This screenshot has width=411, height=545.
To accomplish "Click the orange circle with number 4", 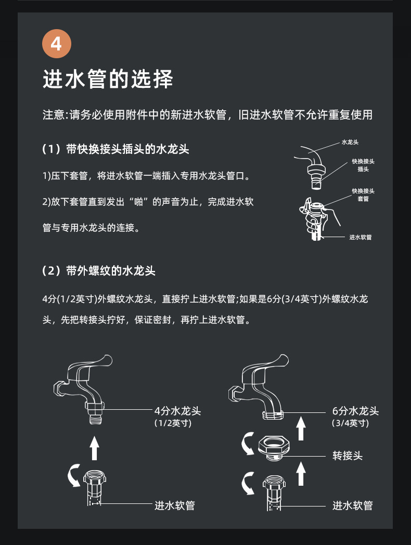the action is [x=57, y=44].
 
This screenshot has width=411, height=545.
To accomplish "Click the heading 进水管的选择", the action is [x=108, y=79].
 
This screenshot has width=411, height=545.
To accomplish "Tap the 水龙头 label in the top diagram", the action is [x=350, y=142].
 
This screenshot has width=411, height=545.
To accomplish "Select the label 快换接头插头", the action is [x=363, y=165].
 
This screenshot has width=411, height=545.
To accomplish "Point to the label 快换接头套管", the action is [x=363, y=194].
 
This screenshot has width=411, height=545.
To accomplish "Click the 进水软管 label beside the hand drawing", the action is [x=360, y=237].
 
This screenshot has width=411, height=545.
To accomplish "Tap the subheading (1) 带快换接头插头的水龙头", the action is [x=116, y=149].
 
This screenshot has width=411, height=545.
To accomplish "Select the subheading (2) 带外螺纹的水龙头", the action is [x=99, y=270].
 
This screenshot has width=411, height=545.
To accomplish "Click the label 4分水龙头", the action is [x=178, y=411].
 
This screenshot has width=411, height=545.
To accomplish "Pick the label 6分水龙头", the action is [x=355, y=411].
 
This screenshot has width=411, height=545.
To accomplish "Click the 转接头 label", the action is [x=348, y=456].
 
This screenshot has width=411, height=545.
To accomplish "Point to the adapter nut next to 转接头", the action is [x=274, y=447].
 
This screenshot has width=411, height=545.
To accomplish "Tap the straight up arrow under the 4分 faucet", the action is [x=94, y=448].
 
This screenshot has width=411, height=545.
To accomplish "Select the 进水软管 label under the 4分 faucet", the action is [x=175, y=505].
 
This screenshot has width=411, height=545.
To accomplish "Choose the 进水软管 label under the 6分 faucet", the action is [x=353, y=505].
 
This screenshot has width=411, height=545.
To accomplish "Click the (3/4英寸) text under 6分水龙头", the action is [x=350, y=423].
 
